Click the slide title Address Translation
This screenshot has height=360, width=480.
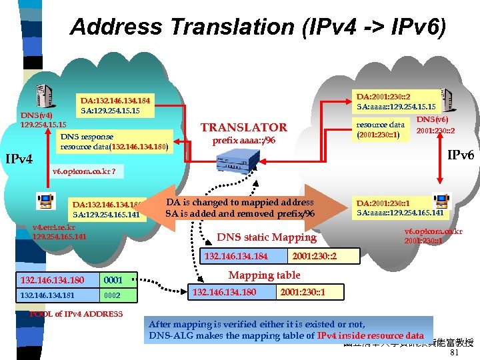[x=259, y=27]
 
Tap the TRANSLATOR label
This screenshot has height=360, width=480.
[x=244, y=127]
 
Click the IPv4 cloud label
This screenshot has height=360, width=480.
[x=19, y=159]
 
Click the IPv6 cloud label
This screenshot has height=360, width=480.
[x=460, y=155]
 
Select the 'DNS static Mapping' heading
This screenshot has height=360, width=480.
[x=267, y=237]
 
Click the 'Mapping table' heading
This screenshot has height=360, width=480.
[x=264, y=275]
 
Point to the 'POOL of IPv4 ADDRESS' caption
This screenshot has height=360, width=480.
[x=77, y=314]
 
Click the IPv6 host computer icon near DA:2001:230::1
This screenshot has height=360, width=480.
[x=441, y=200]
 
